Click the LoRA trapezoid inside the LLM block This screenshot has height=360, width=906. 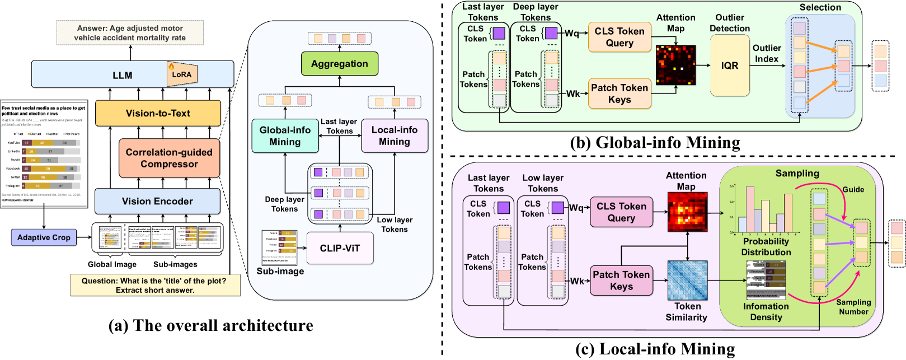click(x=182, y=74)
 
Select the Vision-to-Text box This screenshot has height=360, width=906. click(x=158, y=113)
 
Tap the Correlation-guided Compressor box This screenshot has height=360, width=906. click(x=169, y=158)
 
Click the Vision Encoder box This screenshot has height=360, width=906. click(x=157, y=201)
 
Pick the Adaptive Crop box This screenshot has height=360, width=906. click(x=44, y=237)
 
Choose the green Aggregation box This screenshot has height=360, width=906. click(x=339, y=64)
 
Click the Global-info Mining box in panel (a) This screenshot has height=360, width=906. click(x=285, y=135)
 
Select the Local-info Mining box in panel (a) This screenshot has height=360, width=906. click(x=395, y=135)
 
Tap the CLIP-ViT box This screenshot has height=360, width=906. click(x=340, y=248)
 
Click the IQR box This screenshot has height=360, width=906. click(x=729, y=66)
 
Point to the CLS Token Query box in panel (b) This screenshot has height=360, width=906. click(x=619, y=37)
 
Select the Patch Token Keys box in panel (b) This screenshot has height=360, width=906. click(x=619, y=93)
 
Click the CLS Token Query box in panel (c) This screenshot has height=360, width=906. click(x=621, y=212)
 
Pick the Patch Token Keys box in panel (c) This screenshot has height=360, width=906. click(x=621, y=280)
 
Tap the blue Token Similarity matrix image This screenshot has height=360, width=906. click(x=687, y=280)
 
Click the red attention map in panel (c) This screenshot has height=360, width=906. click(x=687, y=212)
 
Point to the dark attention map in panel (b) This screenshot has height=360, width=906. click(x=675, y=65)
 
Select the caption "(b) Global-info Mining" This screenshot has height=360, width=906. click(x=655, y=143)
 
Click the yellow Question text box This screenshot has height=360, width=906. click(x=155, y=285)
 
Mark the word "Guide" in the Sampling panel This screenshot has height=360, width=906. click(x=853, y=189)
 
